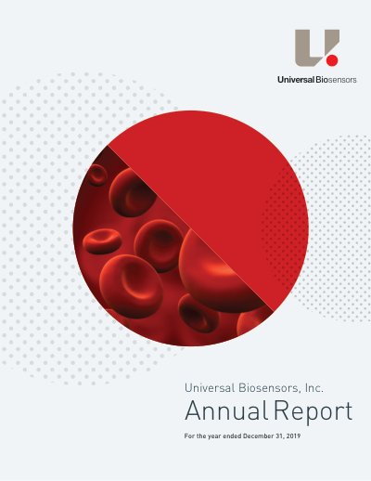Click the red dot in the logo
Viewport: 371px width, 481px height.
coord(332,59)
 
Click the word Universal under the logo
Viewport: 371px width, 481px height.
coord(296,80)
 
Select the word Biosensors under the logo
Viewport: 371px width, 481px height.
coord(336,80)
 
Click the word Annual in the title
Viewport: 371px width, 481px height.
coord(226,410)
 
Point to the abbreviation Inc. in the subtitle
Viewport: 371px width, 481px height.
coord(314,388)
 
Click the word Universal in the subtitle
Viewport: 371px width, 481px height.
coord(210,388)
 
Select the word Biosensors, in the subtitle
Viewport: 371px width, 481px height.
coord(270,388)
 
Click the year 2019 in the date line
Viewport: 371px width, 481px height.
coord(293,436)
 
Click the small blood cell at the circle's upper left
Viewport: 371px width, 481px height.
coord(97,175)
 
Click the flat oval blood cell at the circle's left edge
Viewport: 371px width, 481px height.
coord(101,241)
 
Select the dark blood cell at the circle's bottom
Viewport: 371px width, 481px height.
coord(198,313)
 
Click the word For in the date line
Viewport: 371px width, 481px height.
coord(188,436)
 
